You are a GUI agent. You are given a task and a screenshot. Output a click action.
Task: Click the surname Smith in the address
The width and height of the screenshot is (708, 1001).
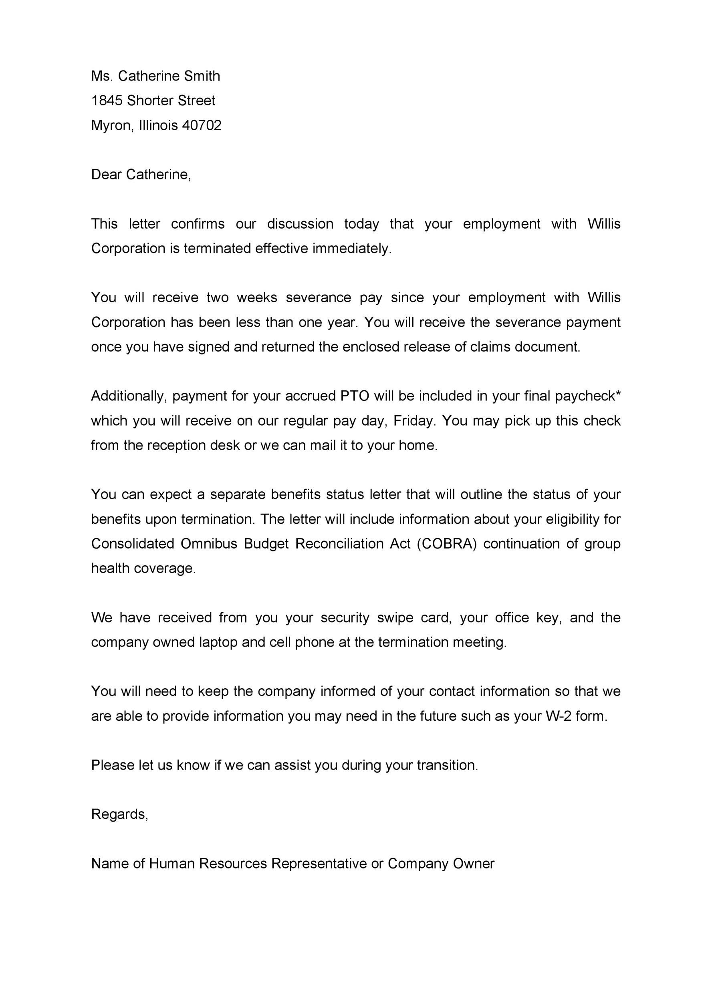tap(202, 76)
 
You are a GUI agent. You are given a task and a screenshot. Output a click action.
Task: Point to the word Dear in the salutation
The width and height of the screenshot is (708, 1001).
tap(107, 175)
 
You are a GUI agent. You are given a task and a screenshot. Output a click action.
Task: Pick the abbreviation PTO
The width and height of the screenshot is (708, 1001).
tap(355, 396)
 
